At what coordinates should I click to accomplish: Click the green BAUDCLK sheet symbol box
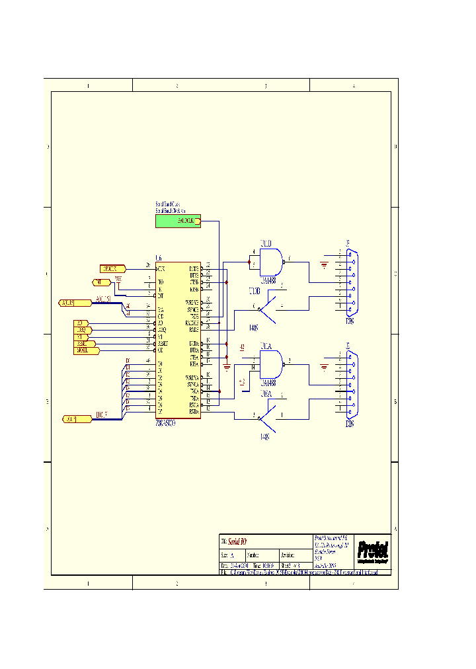178,221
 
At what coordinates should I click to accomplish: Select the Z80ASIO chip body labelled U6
178,338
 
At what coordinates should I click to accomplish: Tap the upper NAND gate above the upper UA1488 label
271,262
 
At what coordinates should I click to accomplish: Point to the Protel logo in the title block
372,550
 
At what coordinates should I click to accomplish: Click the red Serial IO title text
238,541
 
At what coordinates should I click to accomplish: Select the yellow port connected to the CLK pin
112,269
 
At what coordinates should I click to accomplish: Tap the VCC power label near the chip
118,278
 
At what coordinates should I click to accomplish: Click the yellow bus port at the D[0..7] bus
77,419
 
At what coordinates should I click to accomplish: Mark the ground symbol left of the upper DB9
323,266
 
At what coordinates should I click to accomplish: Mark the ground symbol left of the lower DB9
323,368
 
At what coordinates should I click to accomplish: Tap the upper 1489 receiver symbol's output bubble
258,309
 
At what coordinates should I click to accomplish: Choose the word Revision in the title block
288,555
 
